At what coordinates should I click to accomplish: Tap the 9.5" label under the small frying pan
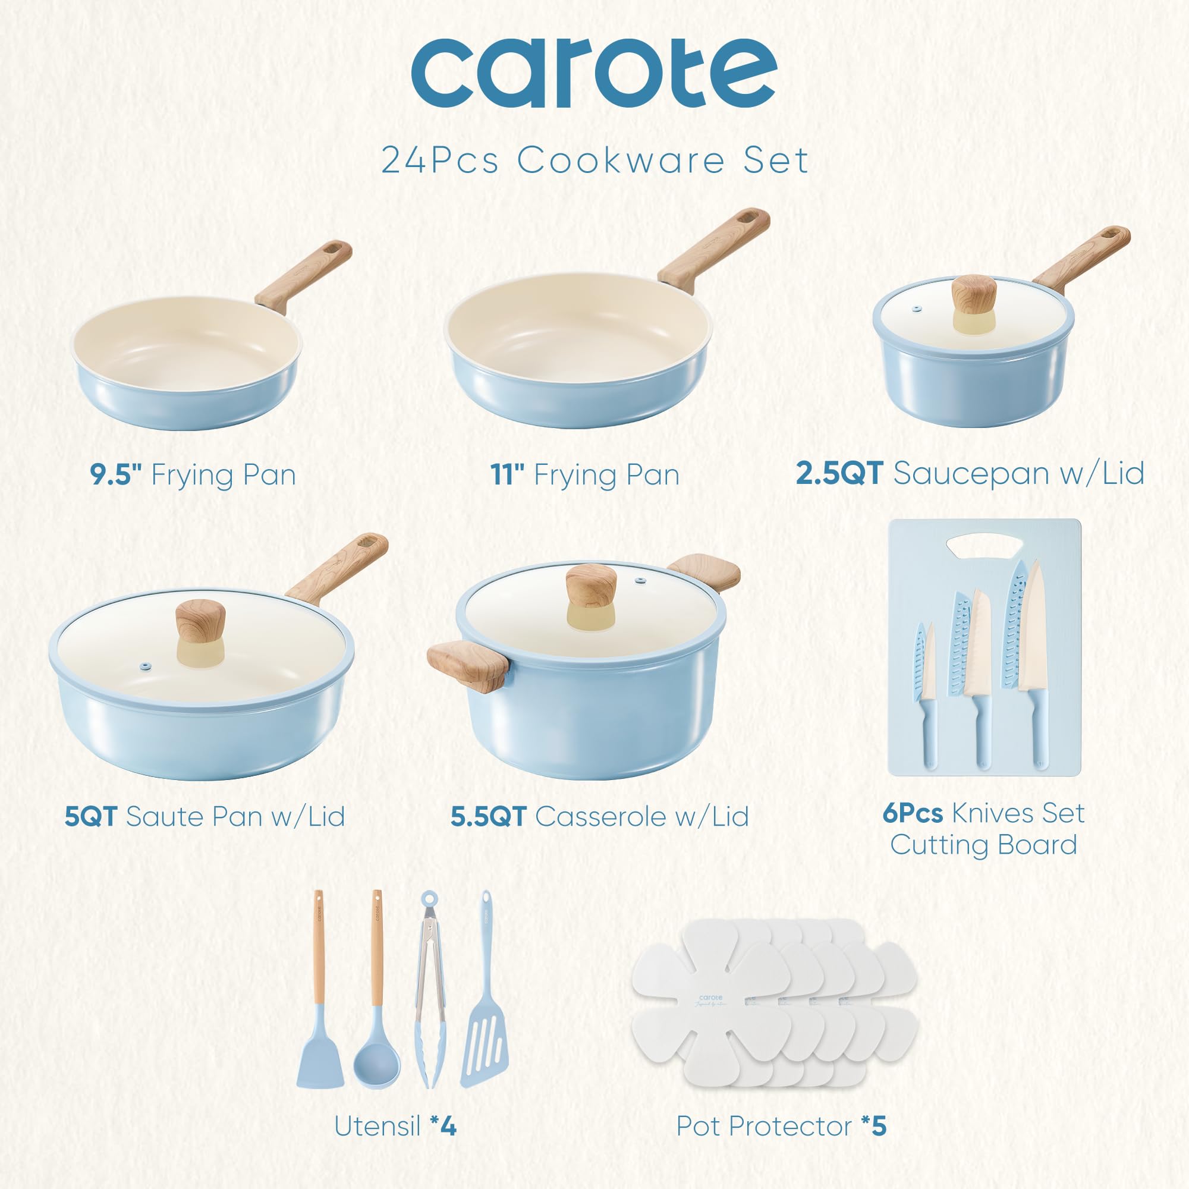click(117, 475)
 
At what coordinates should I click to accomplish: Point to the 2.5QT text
click(839, 474)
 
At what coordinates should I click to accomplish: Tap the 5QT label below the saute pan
click(90, 817)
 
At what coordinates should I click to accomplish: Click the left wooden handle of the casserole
click(468, 665)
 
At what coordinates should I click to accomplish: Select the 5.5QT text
click(488, 817)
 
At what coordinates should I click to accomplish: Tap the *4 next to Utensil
click(443, 1126)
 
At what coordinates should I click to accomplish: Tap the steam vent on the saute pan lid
click(145, 666)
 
